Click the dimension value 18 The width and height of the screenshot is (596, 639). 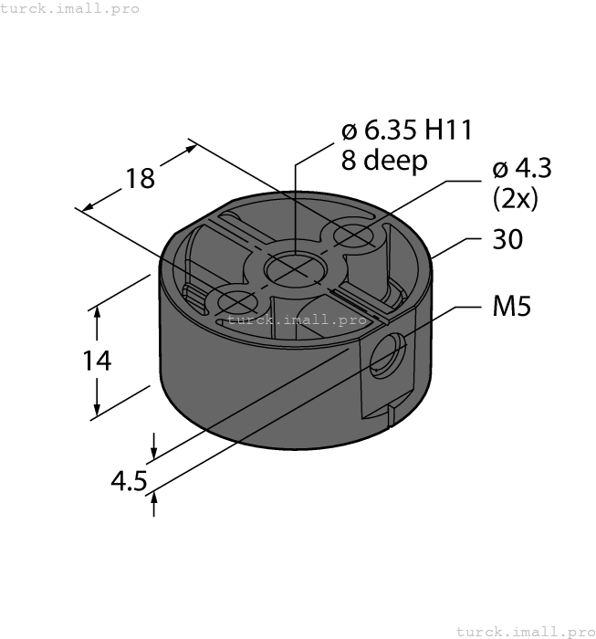(x=140, y=178)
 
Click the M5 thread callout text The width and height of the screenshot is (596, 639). (x=511, y=308)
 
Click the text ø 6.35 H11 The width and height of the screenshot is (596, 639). (x=406, y=131)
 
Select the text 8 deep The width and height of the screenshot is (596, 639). (x=383, y=162)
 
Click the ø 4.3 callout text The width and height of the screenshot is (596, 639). (x=522, y=169)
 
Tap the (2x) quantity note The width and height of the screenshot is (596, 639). (x=515, y=198)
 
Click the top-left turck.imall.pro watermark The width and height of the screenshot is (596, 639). (x=70, y=8)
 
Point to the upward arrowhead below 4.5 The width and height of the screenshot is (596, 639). (x=154, y=499)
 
